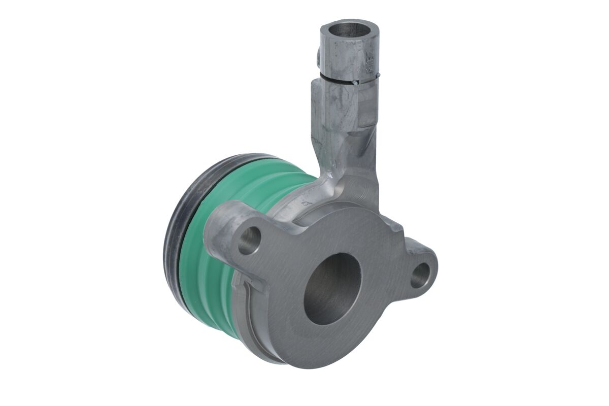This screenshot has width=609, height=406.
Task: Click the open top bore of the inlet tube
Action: tap(349, 29)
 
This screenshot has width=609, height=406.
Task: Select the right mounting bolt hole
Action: tap(420, 276)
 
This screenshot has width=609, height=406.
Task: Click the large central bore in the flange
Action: tap(332, 289)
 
